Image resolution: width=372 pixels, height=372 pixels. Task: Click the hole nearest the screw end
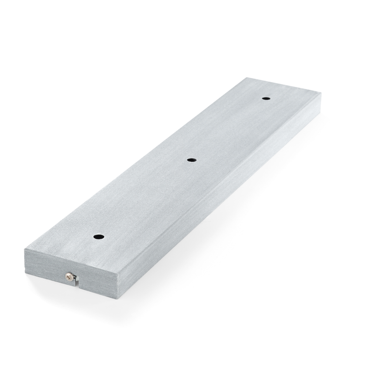coord(99,237)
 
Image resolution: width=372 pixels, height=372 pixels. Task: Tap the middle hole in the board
coord(192,159)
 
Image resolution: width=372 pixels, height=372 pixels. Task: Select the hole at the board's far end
coord(266,99)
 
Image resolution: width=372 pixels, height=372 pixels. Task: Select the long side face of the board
coord(219,199)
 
